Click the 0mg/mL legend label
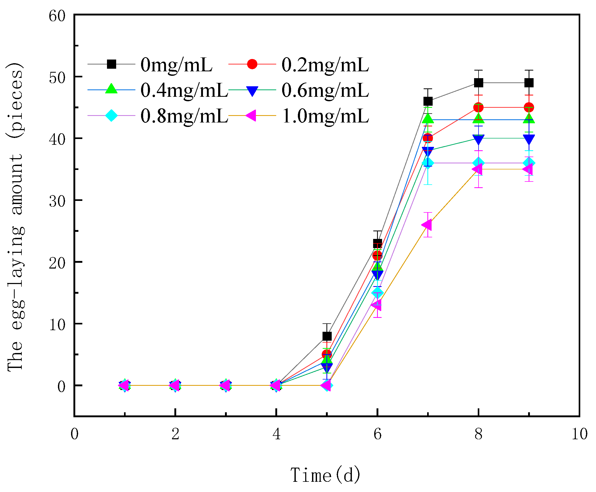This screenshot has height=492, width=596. (x=176, y=65)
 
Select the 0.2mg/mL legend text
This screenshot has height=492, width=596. (x=325, y=65)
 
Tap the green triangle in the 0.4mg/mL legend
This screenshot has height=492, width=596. (x=111, y=89)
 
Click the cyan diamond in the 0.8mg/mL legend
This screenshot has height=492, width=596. (x=111, y=115)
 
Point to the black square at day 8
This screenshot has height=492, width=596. (x=478, y=83)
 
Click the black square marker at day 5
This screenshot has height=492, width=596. (x=327, y=336)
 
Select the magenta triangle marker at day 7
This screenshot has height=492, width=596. (x=427, y=225)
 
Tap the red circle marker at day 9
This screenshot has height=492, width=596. (x=529, y=108)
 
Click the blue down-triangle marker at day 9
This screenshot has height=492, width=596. (x=529, y=139)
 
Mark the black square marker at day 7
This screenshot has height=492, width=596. (x=428, y=101)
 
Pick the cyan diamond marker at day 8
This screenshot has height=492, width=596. (x=478, y=163)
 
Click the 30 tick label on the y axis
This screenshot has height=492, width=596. (x=57, y=201)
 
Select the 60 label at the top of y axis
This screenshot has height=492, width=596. (x=57, y=16)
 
